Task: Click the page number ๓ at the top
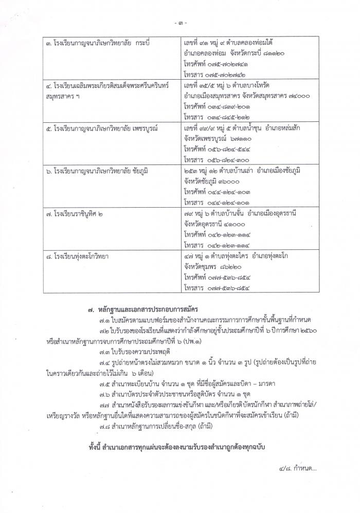tap(180, 23)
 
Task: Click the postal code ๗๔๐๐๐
tap(296, 96)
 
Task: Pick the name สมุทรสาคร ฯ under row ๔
tap(63, 96)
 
